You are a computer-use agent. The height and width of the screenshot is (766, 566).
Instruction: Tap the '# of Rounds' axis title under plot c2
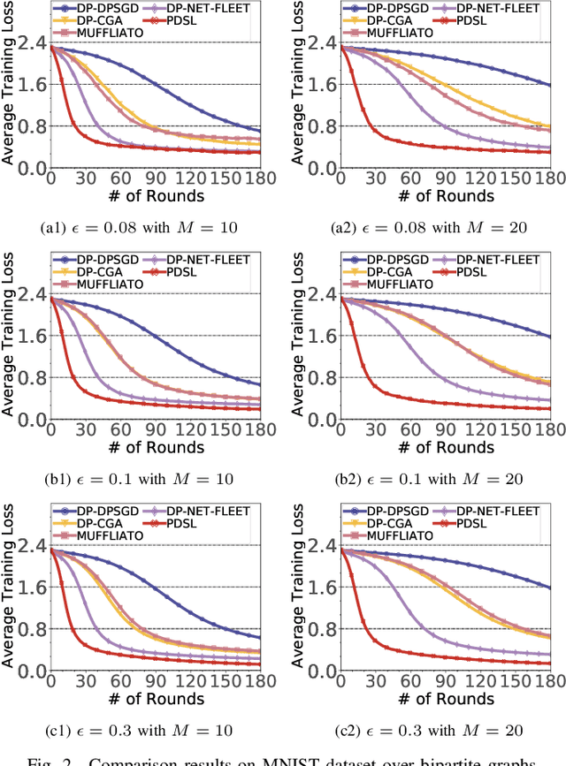(439, 698)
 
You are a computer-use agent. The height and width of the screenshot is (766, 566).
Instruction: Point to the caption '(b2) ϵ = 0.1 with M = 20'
(429, 479)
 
